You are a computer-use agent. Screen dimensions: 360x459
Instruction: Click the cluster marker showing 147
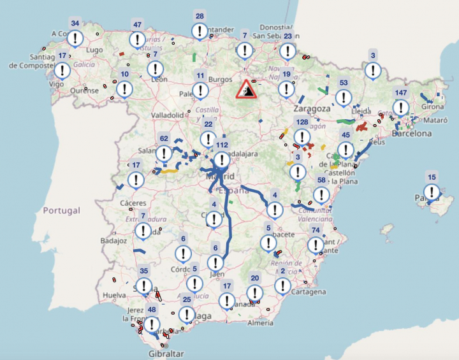tap(401, 107)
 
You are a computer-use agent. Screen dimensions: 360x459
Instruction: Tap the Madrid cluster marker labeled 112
tap(222, 159)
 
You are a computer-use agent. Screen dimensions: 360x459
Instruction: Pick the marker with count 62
tap(164, 153)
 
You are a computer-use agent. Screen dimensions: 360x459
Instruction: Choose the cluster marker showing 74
tap(315, 244)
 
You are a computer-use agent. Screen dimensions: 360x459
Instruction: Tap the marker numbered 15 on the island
tap(432, 191)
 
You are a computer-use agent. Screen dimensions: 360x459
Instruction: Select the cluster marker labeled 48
tap(152, 324)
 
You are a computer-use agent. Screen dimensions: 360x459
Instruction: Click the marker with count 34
tap(75, 38)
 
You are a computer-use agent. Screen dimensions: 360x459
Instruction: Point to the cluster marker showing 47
tap(136, 40)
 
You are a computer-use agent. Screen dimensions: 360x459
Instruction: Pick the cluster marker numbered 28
tap(200, 30)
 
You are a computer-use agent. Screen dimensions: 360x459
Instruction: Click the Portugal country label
tap(62, 210)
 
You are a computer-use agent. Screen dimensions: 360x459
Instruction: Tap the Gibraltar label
tap(166, 354)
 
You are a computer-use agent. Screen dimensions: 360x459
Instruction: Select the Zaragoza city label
tap(312, 109)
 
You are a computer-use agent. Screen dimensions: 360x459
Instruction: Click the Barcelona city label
tap(412, 134)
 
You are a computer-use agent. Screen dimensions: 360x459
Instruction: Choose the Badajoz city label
tap(114, 241)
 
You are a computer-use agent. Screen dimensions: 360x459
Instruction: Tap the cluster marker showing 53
tap(344, 97)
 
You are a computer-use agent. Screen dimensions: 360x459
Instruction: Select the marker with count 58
tap(321, 195)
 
